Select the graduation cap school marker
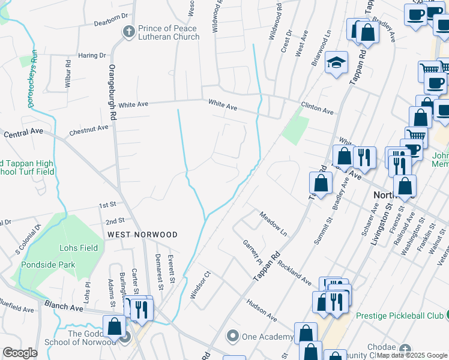336,62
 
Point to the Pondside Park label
48,264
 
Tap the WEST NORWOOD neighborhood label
142,234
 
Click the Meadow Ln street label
274,223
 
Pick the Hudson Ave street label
262,310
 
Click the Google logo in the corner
20,353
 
